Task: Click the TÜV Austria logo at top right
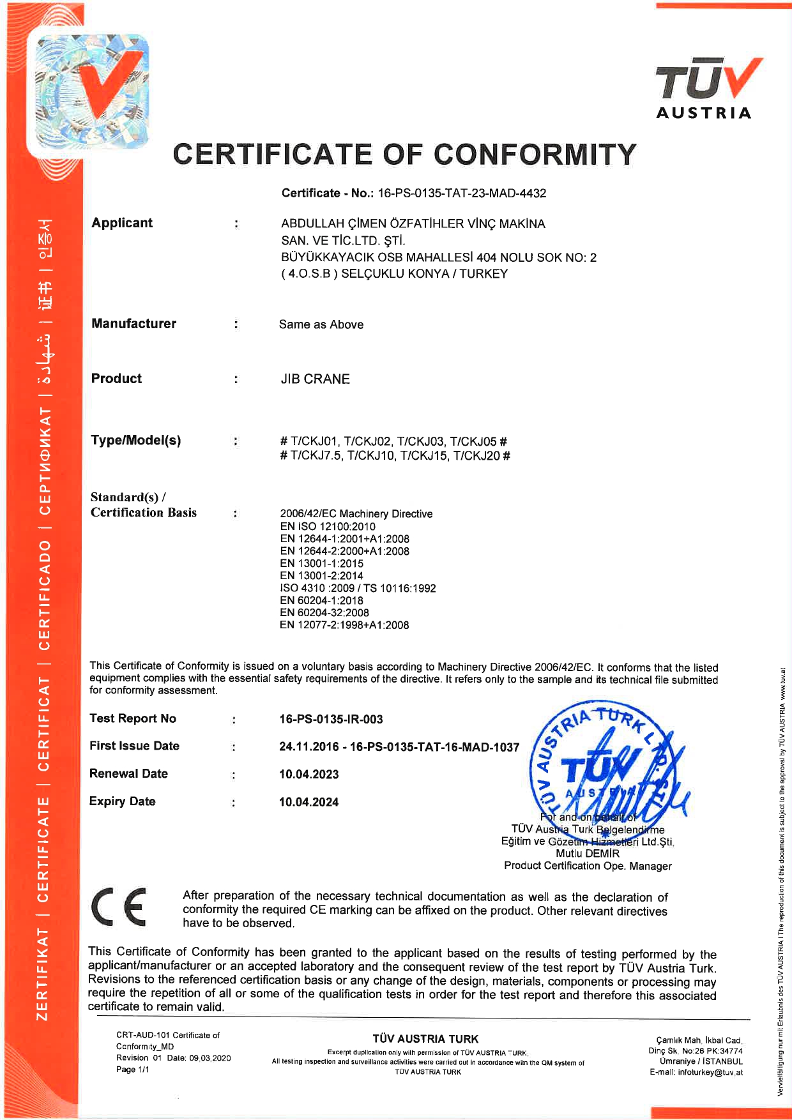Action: [x=706, y=88]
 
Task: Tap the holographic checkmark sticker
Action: [x=89, y=89]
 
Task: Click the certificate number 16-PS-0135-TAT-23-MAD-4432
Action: [x=462, y=193]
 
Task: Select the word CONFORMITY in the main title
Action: [x=535, y=155]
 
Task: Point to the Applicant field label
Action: [x=122, y=223]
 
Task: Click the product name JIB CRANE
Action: [x=316, y=379]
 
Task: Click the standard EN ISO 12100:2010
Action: [x=328, y=527]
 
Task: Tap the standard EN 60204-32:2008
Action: [x=324, y=613]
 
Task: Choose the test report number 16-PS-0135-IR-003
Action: [x=331, y=720]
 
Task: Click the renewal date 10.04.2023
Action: [x=309, y=775]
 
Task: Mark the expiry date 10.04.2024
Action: [x=309, y=802]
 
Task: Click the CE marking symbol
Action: [x=119, y=907]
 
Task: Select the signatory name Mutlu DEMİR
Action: [x=588, y=854]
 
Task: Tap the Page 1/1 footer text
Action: [x=133, y=1070]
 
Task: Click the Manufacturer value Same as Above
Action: [x=321, y=324]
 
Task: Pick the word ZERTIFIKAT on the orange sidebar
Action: [x=43, y=974]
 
